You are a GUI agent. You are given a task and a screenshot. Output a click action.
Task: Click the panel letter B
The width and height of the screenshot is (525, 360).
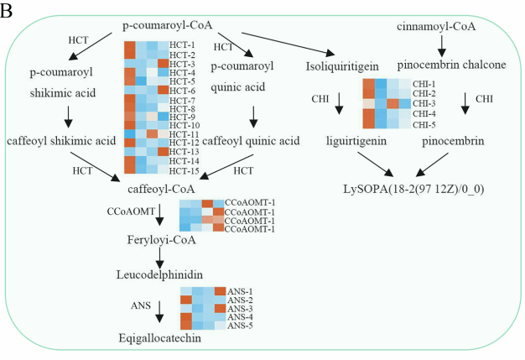coord(6,10)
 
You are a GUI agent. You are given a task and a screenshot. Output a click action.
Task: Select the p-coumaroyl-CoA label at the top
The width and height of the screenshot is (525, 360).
coord(168,25)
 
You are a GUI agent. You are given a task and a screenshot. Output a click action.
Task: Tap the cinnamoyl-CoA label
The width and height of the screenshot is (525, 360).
coord(436,26)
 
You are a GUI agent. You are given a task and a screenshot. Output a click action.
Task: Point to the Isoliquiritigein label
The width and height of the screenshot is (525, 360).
coord(342,66)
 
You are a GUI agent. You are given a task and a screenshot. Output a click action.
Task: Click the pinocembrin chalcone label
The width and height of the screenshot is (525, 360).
coord(451,65)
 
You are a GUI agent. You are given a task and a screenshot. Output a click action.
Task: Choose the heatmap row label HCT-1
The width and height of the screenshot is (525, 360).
coord(182,45)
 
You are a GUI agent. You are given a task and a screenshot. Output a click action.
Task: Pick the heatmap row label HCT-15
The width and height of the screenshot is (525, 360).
coord(185,171)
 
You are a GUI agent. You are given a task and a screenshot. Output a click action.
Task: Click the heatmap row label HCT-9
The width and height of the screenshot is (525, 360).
coord(182,117)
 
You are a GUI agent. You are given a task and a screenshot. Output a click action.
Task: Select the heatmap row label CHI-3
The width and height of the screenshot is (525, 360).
coord(424,103)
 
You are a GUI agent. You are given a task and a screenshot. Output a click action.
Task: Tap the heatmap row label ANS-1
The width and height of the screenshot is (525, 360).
coord(240,291)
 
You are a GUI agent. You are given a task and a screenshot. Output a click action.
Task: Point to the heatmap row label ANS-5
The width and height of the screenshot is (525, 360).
coord(240,326)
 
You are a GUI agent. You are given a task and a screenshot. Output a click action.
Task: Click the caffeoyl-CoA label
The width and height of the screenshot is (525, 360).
coord(161,189)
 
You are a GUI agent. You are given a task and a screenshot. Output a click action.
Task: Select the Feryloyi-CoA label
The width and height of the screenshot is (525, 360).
coord(161,240)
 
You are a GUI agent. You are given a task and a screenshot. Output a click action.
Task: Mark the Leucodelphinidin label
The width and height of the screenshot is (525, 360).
coord(159,275)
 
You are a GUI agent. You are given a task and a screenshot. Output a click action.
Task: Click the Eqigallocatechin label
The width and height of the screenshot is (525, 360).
coord(160,338)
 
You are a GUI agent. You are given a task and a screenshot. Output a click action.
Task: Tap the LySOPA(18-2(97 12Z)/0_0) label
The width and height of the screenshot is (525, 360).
coord(413,189)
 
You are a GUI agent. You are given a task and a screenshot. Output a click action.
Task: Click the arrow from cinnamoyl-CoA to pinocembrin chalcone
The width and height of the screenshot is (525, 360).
coord(442,46)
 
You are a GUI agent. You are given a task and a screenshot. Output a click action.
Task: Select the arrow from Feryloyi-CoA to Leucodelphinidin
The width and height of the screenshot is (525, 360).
coord(160,258)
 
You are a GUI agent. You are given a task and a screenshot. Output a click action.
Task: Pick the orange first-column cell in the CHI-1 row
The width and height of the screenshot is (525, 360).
coord(369,84)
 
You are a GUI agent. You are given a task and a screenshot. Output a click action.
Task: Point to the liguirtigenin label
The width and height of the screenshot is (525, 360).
coord(356,141)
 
